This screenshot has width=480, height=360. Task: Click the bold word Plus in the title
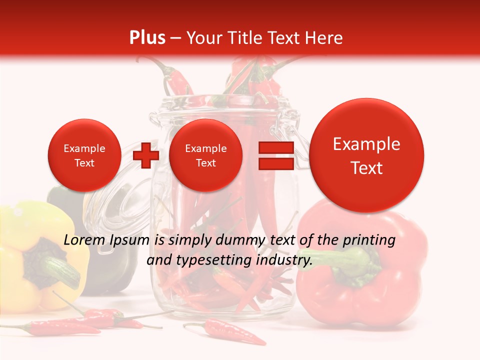[x=147, y=38]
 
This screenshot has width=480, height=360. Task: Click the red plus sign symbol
[x=145, y=155]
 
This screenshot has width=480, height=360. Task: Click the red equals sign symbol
[x=275, y=155]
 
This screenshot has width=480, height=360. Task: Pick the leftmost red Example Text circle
[x=84, y=155]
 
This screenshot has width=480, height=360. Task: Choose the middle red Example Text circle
[x=205, y=155]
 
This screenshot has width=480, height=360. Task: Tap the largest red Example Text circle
[x=366, y=155]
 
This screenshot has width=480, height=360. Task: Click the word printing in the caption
[x=369, y=240]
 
